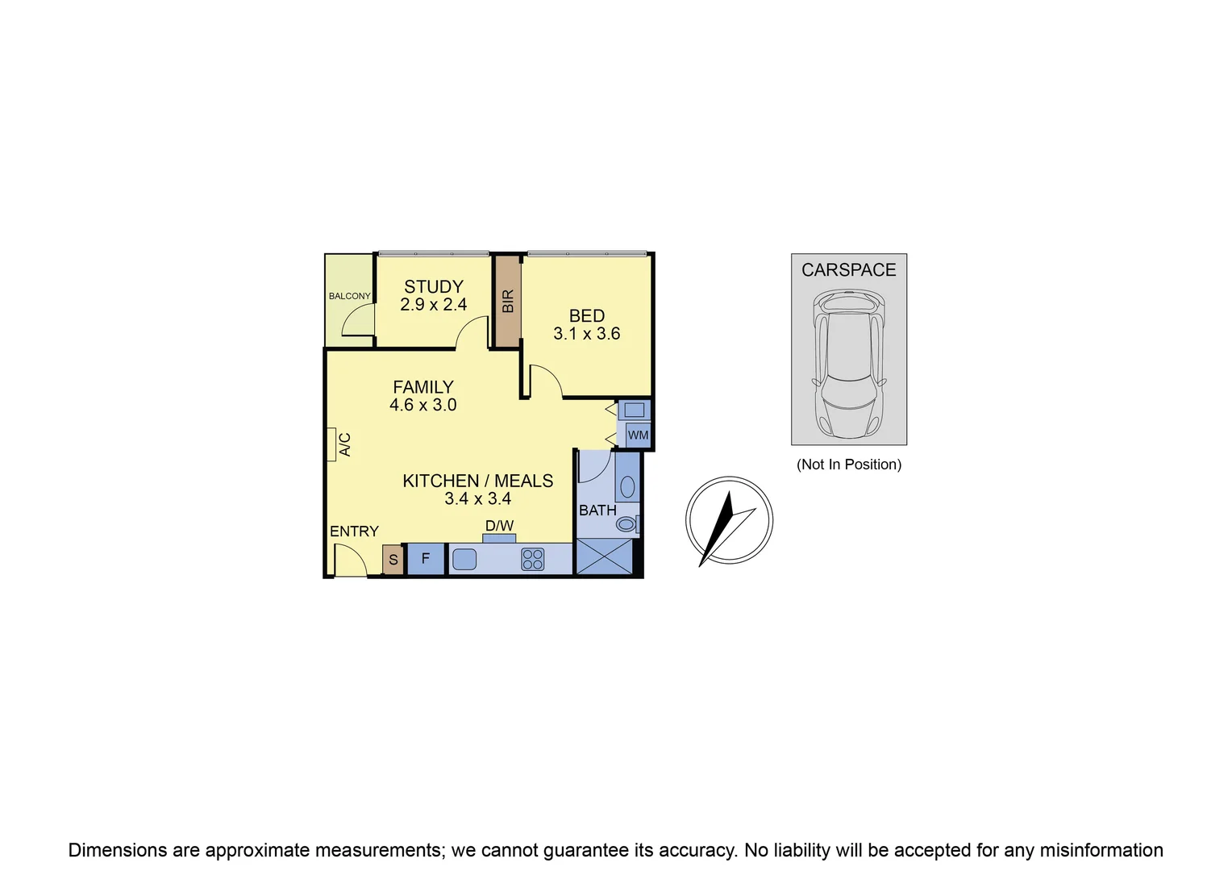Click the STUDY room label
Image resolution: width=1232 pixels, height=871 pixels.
pos(433,286)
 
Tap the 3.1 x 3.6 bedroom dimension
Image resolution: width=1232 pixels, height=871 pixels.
pos(586,334)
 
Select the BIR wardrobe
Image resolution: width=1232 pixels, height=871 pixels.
pos(507,301)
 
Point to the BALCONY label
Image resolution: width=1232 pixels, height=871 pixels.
pos(349,296)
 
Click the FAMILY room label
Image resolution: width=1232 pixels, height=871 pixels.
pos(422,387)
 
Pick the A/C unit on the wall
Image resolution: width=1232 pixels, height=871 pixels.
pos(331,444)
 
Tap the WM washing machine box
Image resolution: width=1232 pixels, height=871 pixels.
pos(638,435)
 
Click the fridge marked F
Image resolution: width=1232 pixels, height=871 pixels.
pos(426,559)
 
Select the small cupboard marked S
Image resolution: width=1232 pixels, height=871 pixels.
pos(393,560)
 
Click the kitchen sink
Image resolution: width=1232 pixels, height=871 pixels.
pos(464,559)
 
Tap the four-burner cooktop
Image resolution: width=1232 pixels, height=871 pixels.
pos(532,559)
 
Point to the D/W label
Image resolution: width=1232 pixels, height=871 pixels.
pos(499,527)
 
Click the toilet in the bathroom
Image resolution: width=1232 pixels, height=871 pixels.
pos(627,524)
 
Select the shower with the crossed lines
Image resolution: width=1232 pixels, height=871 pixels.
pos(605,556)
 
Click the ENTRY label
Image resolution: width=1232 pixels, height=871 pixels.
pos(354,531)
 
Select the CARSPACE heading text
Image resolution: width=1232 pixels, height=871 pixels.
pos(848,270)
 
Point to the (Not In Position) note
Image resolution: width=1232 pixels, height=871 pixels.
pos(849,465)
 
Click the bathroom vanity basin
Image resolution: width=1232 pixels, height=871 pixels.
pos(627,486)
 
